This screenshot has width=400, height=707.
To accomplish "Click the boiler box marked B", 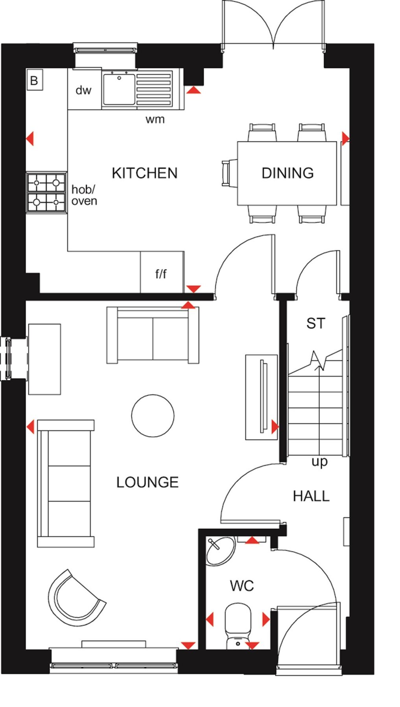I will click(x=35, y=81).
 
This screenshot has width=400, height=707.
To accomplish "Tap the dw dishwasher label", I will click(x=83, y=91).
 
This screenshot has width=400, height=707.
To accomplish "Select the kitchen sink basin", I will click(x=118, y=89).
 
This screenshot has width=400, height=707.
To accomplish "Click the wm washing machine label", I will click(x=155, y=119).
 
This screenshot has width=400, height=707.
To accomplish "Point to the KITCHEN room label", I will click(x=144, y=173).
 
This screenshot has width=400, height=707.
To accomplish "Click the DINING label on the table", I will click(x=288, y=173).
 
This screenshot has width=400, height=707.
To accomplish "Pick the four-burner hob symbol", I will click(x=46, y=192).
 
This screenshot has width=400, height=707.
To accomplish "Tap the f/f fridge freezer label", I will click(x=161, y=274).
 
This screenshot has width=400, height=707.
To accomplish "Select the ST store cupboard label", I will click(x=316, y=324).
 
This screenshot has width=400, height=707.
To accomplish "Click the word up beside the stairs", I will click(x=319, y=462).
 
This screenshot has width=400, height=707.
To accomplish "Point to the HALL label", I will click(x=311, y=496).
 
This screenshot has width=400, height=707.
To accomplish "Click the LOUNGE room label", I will click(x=147, y=482).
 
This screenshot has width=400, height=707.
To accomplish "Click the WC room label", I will click(x=242, y=586).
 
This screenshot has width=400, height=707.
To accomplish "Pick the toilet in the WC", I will click(x=238, y=625).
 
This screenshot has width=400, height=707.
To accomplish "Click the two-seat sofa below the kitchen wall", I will click(x=153, y=335).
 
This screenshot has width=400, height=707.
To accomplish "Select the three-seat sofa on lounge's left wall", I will click(x=66, y=484).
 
